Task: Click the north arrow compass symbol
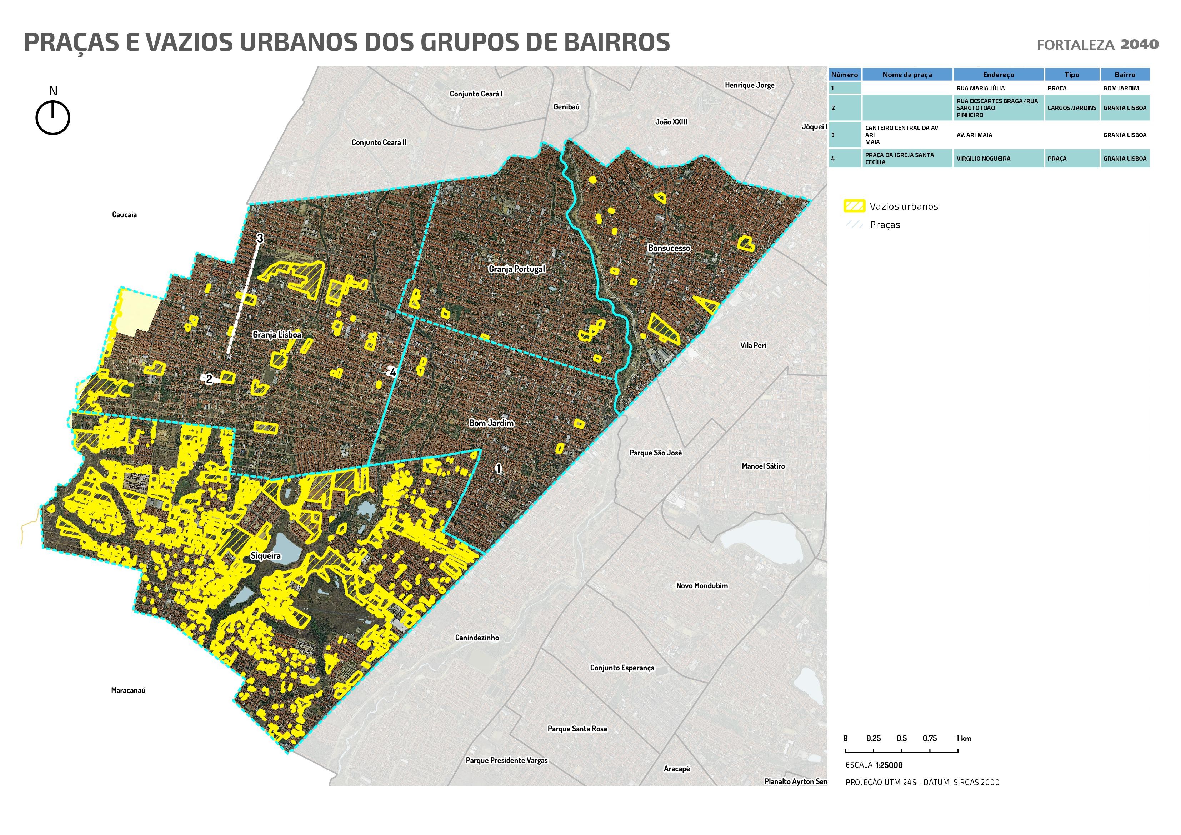pyautogui.click(x=52, y=117)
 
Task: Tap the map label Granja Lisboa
pyautogui.click(x=277, y=335)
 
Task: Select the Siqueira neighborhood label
pyautogui.click(x=265, y=556)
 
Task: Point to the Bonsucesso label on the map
pyautogui.click(x=669, y=248)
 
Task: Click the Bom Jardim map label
pyautogui.click(x=491, y=423)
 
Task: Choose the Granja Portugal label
pyautogui.click(x=516, y=269)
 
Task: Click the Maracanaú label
pyautogui.click(x=128, y=690)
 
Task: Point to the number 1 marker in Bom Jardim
pyautogui.click(x=498, y=468)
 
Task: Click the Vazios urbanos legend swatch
pyautogui.click(x=854, y=206)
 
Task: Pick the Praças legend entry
pyautogui.click(x=885, y=225)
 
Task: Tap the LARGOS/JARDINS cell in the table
pyautogui.click(x=1071, y=108)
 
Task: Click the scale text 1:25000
pyautogui.click(x=889, y=765)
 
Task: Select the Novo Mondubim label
pyautogui.click(x=702, y=585)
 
